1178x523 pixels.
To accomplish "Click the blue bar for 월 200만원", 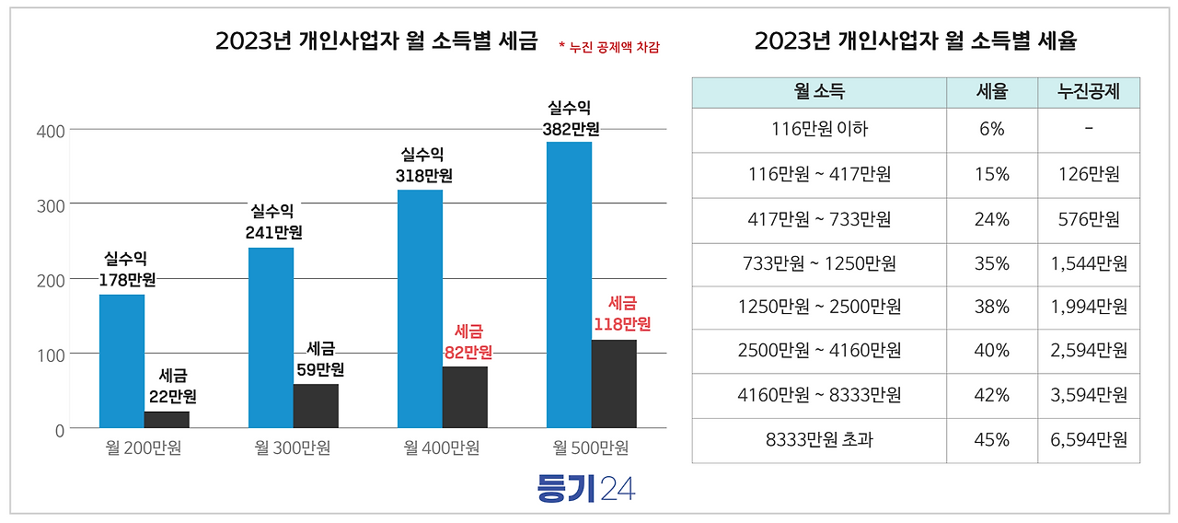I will click(x=121, y=361).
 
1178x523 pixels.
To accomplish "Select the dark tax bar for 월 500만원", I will click(x=614, y=384).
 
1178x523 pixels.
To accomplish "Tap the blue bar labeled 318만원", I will click(x=420, y=308).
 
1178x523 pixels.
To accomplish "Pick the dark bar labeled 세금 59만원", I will click(x=316, y=406).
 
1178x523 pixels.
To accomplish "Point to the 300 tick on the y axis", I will click(x=51, y=205).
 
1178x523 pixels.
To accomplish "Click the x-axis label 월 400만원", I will click(x=442, y=448).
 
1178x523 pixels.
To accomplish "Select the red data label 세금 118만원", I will click(x=622, y=313).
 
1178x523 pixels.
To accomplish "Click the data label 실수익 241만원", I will click(x=273, y=222).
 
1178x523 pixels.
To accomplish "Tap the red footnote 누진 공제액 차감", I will click(x=609, y=46).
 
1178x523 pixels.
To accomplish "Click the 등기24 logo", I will click(x=585, y=488).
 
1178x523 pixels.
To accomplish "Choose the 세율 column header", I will click(x=991, y=92).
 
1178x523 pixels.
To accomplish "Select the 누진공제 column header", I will click(x=1088, y=92).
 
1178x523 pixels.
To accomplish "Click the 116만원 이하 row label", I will click(x=819, y=130).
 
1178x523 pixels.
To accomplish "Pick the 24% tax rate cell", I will click(x=991, y=219).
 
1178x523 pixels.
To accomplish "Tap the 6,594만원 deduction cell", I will click(x=1088, y=440).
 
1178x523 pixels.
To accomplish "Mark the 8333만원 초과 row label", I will click(x=819, y=440).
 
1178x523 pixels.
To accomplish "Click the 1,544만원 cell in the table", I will click(x=1088, y=263).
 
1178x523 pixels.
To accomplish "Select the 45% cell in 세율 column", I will click(x=991, y=440).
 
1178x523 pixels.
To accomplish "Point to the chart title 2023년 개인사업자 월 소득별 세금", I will click(x=375, y=41).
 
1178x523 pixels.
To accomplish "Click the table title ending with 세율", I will click(x=915, y=41).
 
